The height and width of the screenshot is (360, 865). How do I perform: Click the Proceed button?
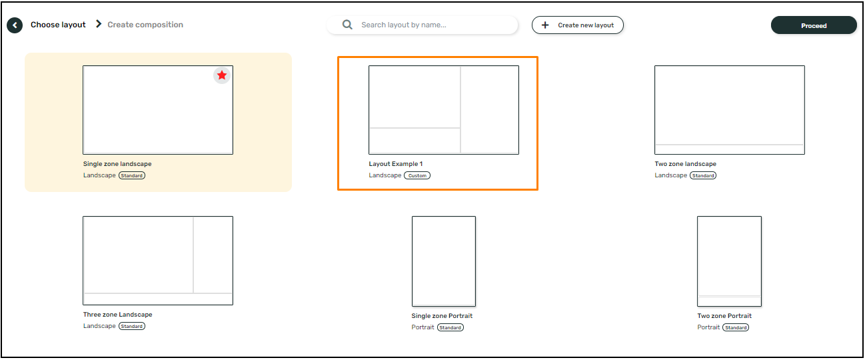813,25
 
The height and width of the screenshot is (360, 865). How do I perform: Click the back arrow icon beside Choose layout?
15,25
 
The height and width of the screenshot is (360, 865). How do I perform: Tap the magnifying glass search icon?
347,25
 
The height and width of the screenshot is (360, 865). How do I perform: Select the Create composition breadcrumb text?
145,25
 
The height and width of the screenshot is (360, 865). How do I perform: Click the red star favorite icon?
222,75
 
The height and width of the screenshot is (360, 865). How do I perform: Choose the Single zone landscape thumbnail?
158,110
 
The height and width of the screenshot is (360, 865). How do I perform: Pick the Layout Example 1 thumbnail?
444,110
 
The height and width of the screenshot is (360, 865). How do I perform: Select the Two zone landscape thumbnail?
729,110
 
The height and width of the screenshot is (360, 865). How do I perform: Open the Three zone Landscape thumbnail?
158,261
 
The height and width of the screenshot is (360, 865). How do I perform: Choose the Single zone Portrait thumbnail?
444,261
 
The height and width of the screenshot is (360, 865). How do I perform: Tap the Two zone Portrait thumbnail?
729,261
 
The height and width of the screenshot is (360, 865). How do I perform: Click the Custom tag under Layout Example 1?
417,176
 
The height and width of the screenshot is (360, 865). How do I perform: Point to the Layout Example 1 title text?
396,164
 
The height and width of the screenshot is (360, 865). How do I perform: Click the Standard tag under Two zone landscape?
703,176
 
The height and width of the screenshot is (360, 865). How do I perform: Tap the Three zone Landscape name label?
118,315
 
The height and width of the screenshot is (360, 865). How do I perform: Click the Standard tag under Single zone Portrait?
450,328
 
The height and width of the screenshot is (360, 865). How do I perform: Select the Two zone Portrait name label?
724,316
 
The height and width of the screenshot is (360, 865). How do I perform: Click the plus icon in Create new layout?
545,25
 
